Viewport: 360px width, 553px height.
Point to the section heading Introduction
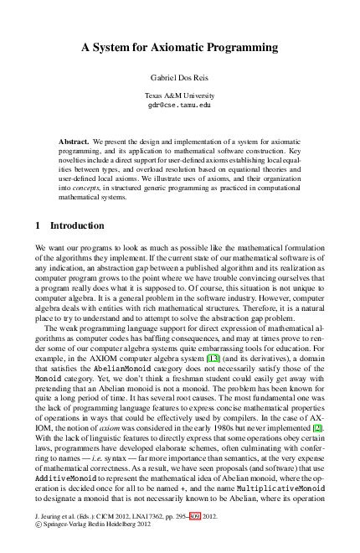click(x=77, y=225)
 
